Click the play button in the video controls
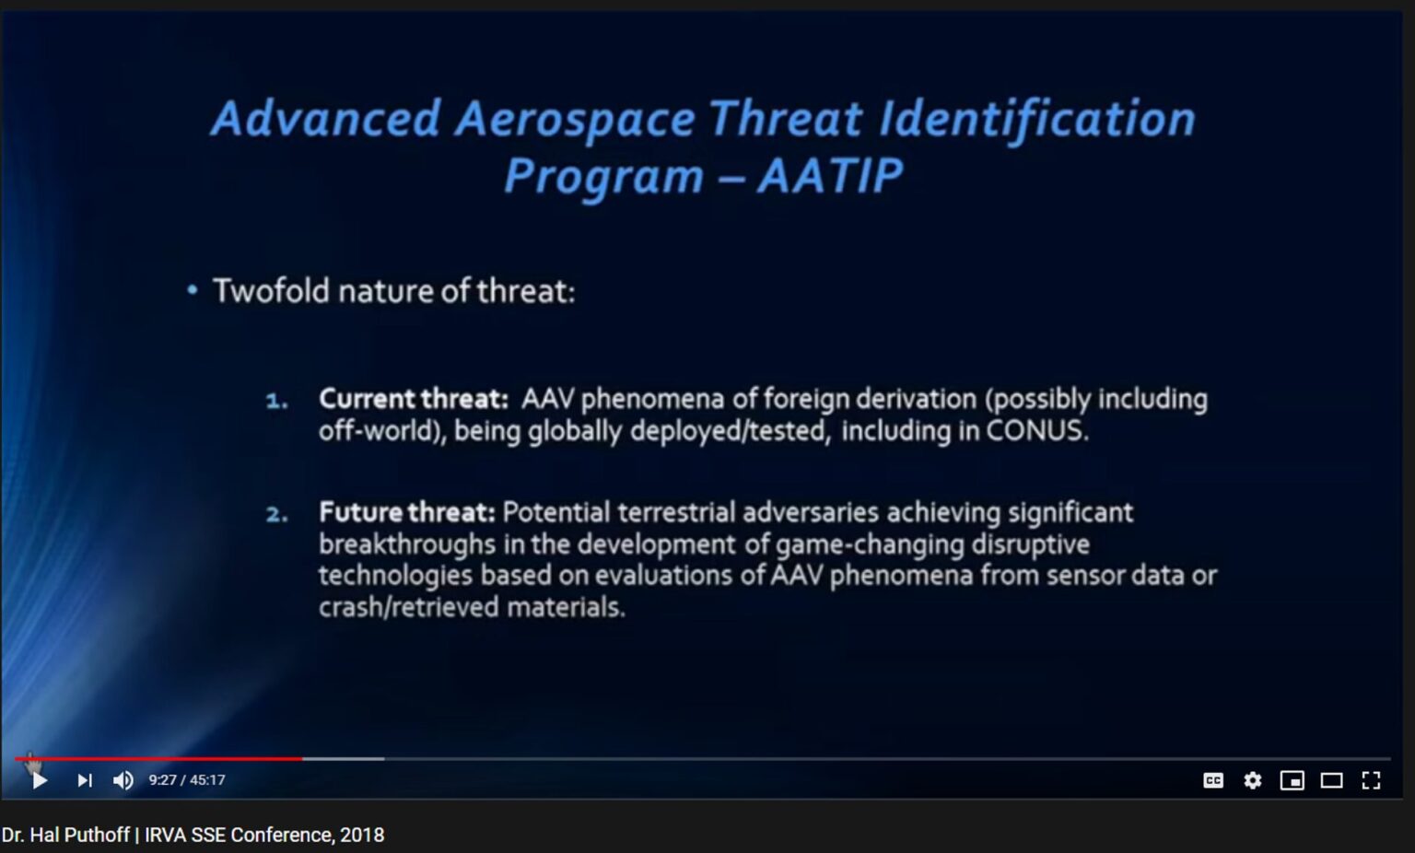pyautogui.click(x=40, y=780)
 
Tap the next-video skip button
pyautogui.click(x=85, y=781)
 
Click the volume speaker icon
pyautogui.click(x=123, y=781)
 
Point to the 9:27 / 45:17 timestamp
pyautogui.click(x=187, y=780)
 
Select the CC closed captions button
pyautogui.click(x=1213, y=781)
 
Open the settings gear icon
pyautogui.click(x=1253, y=781)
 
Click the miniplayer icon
pyautogui.click(x=1292, y=781)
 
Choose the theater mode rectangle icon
pyautogui.click(x=1331, y=781)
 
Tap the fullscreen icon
pyautogui.click(x=1371, y=781)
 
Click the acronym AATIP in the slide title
pyautogui.click(x=830, y=175)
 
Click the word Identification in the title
pyautogui.click(x=1036, y=119)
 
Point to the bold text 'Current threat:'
pyautogui.click(x=413, y=399)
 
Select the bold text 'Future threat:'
pyautogui.click(x=407, y=512)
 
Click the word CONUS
pyautogui.click(x=1037, y=431)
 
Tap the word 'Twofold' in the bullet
pyautogui.click(x=272, y=291)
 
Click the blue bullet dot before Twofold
pyautogui.click(x=193, y=291)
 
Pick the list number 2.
pyautogui.click(x=276, y=514)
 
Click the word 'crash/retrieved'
pyautogui.click(x=409, y=607)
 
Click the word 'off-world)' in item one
pyautogui.click(x=382, y=431)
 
